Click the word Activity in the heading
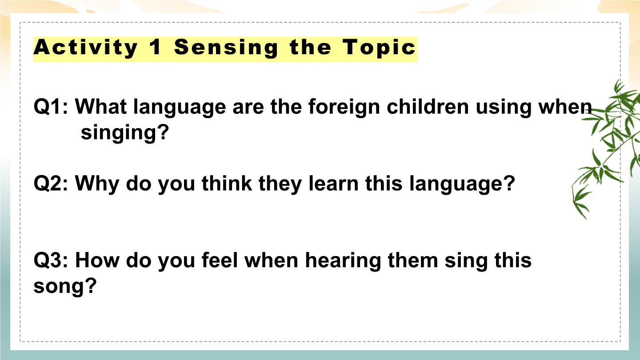coord(86,48)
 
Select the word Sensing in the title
coord(226,48)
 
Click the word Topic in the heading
coord(379,48)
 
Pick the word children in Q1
coord(428,107)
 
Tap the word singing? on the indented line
coord(125,133)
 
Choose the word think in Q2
coord(227,183)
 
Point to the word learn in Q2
coord(334,183)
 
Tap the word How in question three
coord(97,260)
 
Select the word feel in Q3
coord(220,260)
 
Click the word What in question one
coord(101,107)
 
